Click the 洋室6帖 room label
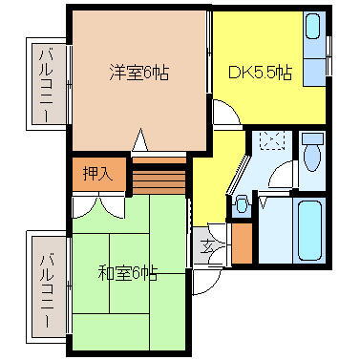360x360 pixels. click(138, 72)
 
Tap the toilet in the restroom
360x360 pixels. click(312, 152)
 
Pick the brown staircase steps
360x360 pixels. click(159, 177)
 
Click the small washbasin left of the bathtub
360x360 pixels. click(243, 202)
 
